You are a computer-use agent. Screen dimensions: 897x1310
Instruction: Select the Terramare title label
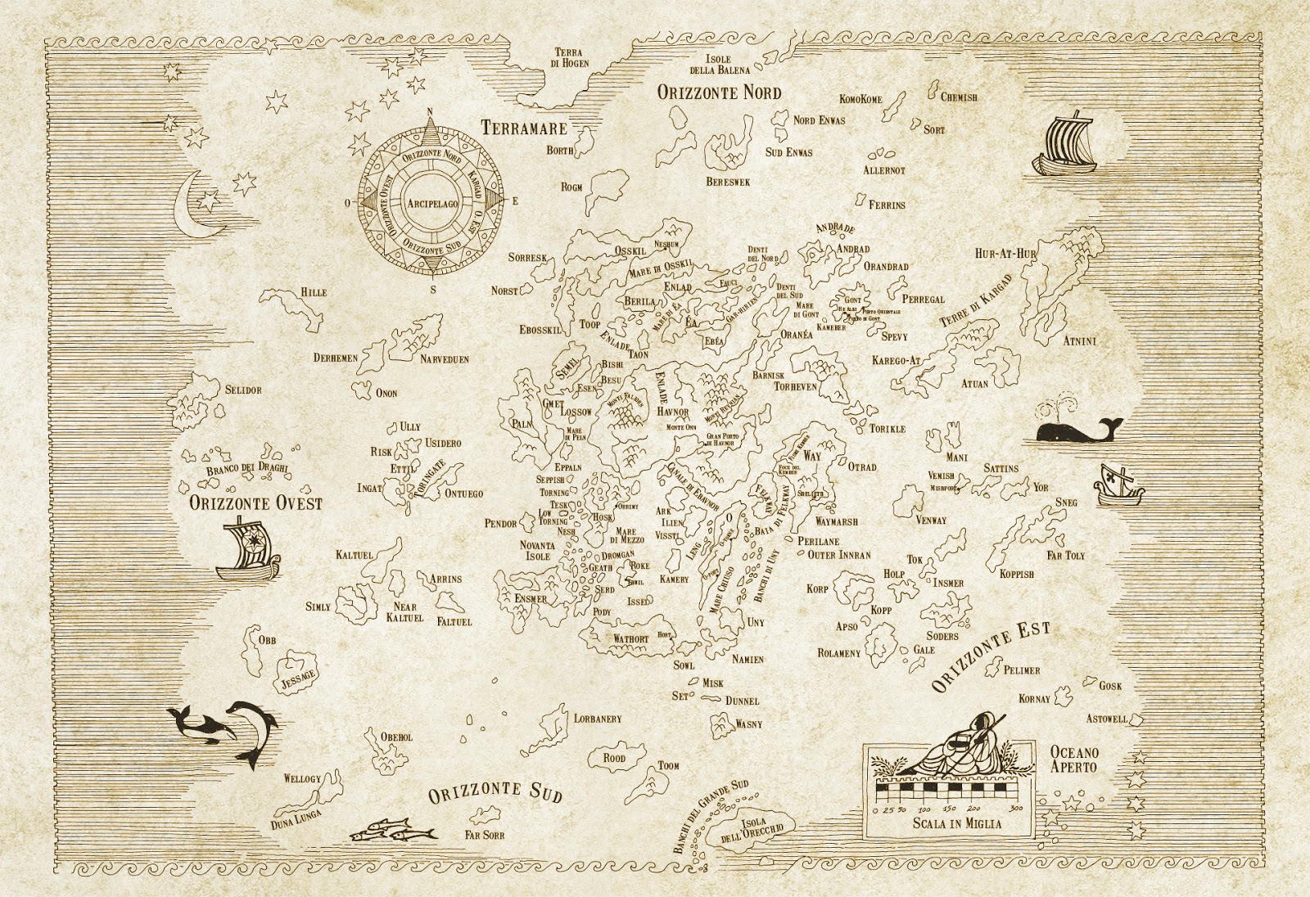pos(524,128)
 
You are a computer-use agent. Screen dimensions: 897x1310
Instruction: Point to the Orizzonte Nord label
pos(719,92)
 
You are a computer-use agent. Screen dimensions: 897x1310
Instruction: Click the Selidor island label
pos(244,390)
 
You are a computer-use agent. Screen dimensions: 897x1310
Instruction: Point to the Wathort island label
pos(630,638)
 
